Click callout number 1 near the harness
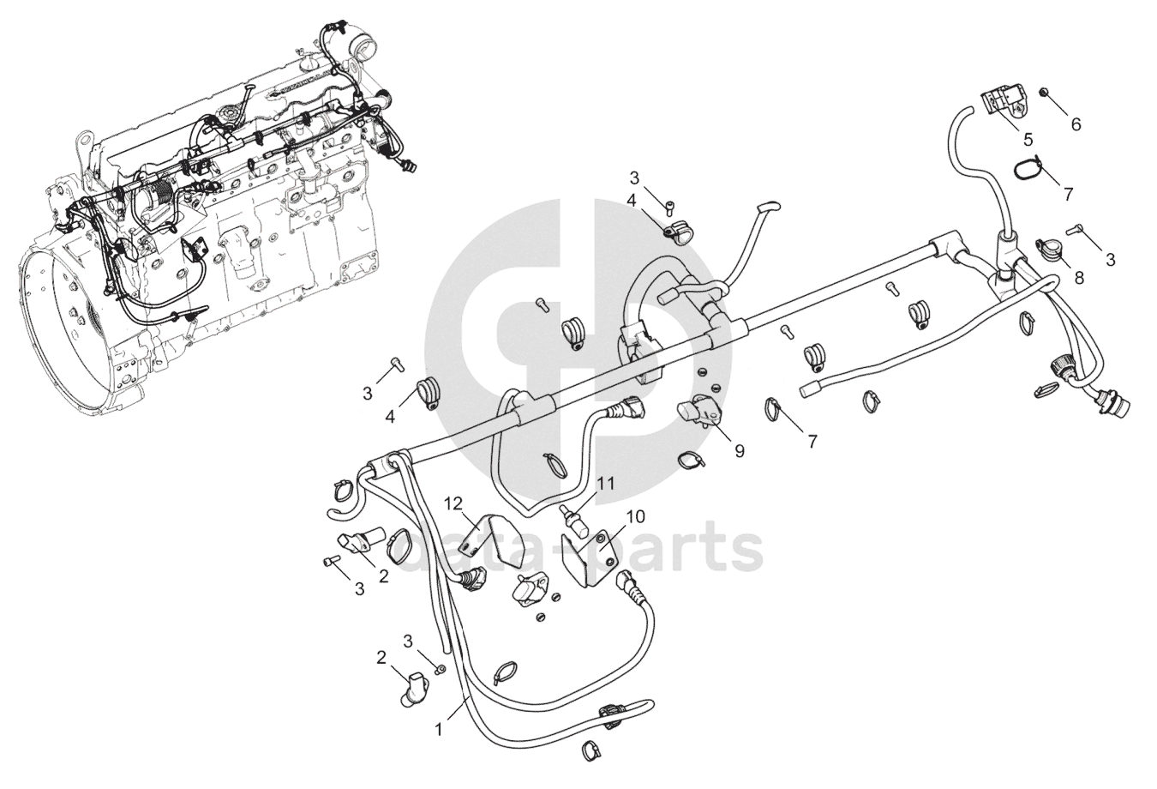[x=439, y=730]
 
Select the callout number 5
[x=1028, y=140]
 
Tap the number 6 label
[x=1076, y=124]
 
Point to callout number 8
[x=1079, y=278]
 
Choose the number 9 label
[x=740, y=451]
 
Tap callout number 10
[x=635, y=516]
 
